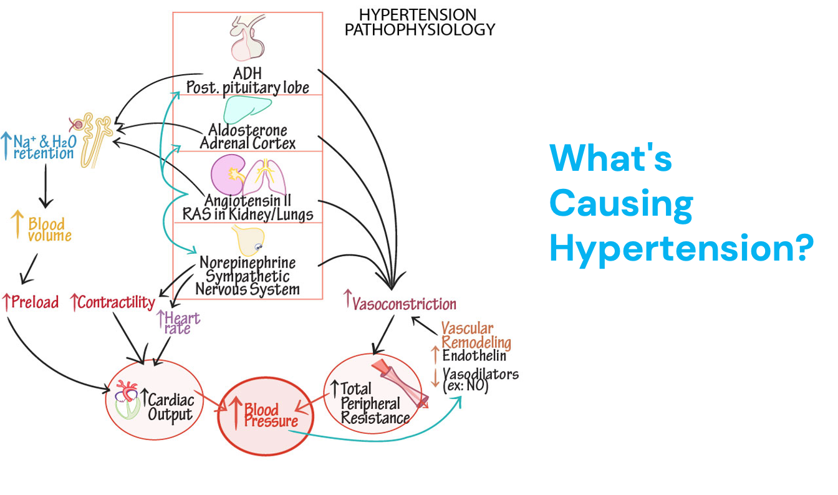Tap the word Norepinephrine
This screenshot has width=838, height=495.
click(x=248, y=262)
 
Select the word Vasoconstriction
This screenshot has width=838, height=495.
click(x=404, y=304)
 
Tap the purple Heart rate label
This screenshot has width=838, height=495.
click(x=179, y=322)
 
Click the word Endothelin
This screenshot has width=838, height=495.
click(x=474, y=356)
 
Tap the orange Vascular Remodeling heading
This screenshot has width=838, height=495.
click(x=476, y=335)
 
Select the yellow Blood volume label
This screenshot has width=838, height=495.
click(x=50, y=229)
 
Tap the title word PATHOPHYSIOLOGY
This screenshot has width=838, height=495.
click(x=420, y=29)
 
